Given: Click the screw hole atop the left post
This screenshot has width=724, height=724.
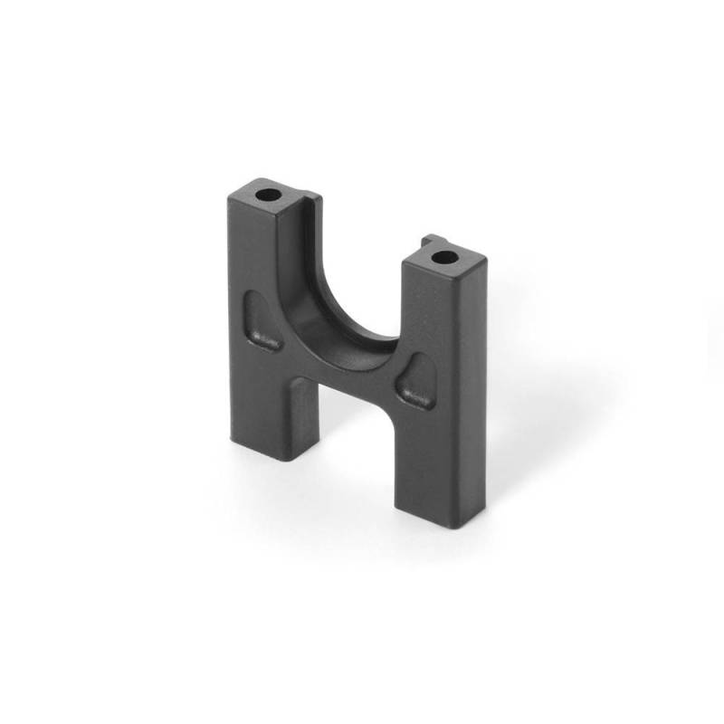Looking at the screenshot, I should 267,195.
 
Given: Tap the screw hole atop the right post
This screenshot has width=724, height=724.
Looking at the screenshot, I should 443,258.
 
